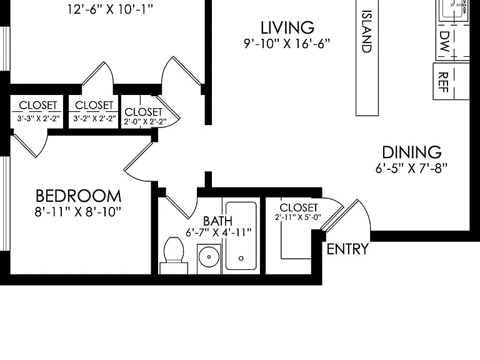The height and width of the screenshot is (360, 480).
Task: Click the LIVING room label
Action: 287,27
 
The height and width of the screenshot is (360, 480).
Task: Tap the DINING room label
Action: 412,152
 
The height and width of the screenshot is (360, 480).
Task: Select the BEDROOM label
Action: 78,196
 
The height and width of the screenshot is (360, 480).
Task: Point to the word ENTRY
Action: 347,249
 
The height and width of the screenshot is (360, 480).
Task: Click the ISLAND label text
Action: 366,31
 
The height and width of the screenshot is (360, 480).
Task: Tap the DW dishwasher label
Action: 444,41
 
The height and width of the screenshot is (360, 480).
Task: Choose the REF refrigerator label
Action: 443,82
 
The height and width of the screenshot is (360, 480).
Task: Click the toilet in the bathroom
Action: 174,255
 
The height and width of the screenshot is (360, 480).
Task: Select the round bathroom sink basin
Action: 209,257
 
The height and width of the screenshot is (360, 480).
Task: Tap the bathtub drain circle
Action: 241,258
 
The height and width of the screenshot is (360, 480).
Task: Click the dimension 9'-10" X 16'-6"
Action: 287,44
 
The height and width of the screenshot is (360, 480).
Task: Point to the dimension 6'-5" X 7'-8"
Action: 411,168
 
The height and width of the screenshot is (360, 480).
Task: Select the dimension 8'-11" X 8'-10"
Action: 78,211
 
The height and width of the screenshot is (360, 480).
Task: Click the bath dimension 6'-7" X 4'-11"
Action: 218,232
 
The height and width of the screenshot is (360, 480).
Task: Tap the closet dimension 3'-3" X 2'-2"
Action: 38,119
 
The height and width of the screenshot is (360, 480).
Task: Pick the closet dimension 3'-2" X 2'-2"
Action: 94,118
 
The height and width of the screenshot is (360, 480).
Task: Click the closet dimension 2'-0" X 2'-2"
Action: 145,121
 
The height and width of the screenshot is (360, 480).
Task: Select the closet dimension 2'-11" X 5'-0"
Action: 298,217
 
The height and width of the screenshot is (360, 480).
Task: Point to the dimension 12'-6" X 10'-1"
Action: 110,9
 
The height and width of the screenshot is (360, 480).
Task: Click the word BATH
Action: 217,221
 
